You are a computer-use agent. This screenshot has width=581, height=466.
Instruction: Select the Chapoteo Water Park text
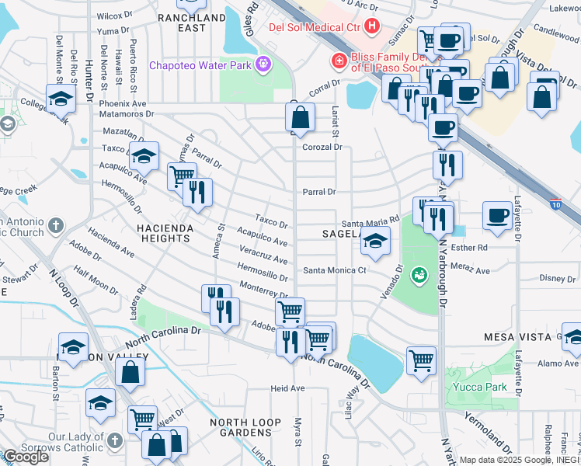point(200,65)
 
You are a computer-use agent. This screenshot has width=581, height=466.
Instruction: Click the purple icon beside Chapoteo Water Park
point(264,64)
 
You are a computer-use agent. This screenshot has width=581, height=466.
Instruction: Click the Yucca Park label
point(475,386)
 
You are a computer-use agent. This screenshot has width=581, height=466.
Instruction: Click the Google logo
point(26,457)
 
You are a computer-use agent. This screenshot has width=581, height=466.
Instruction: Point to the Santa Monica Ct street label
point(334,270)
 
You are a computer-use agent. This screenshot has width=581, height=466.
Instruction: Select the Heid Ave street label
point(287,388)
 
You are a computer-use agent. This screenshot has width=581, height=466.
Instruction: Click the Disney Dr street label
point(557,278)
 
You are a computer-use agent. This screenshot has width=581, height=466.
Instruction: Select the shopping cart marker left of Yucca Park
point(421,360)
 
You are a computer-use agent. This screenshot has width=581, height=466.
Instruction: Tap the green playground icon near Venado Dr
point(419,274)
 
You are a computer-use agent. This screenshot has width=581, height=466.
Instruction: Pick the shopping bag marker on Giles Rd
point(299,117)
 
